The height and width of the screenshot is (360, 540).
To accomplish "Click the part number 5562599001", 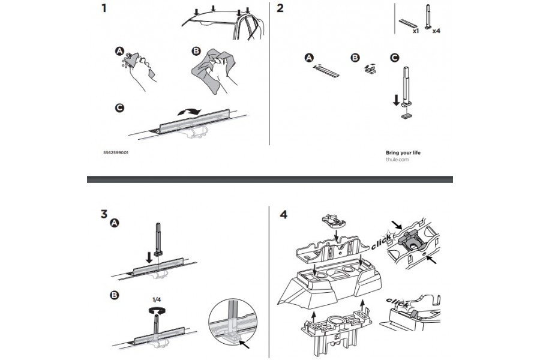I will pyautogui.click(x=115, y=153).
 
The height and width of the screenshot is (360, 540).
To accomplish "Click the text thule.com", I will pyautogui.click(x=397, y=160).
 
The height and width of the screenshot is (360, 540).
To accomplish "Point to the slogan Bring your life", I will pyautogui.click(x=403, y=153).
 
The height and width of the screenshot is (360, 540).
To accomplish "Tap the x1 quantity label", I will pyautogui.click(x=416, y=29).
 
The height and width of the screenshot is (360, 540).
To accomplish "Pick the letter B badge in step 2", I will pyautogui.click(x=355, y=58).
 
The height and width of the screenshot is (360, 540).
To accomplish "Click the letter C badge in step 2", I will pyautogui.click(x=394, y=58).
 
